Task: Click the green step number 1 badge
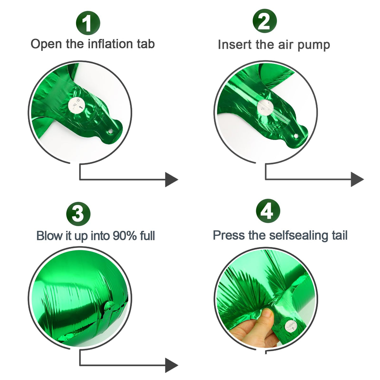pos(88,23)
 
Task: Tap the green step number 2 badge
pos(265,21)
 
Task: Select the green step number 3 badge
pos(78,214)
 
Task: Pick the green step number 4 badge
pos(268,211)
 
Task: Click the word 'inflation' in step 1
pos(110,44)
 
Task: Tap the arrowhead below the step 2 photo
pos(357,179)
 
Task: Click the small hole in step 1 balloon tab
pos(111,131)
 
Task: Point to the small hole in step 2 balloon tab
pos(296,136)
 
